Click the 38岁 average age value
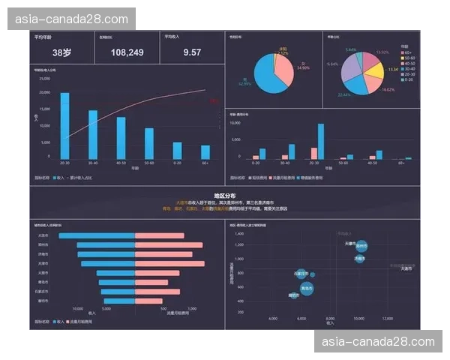tap(61, 52)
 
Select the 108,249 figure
tap(127, 52)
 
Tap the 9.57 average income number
tap(192, 52)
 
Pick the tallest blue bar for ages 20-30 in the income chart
tap(64, 125)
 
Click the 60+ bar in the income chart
tap(205, 152)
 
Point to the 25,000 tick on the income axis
tap(44, 78)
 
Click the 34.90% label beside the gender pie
tap(303, 67)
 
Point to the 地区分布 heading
tap(224, 195)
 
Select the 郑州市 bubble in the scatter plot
tap(361, 245)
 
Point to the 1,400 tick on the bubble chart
tap(239, 233)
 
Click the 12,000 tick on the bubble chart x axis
tap(388, 319)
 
